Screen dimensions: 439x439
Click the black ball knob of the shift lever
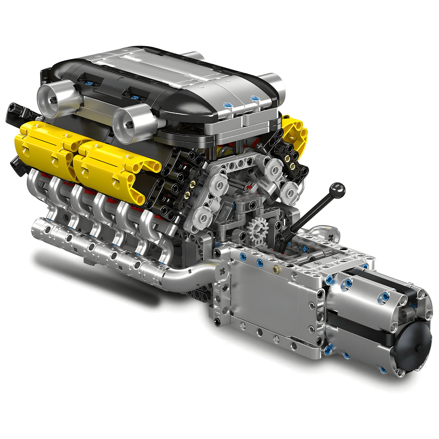(337, 190)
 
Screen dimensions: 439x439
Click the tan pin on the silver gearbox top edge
(276, 269)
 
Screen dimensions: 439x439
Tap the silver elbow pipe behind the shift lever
(326, 232)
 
